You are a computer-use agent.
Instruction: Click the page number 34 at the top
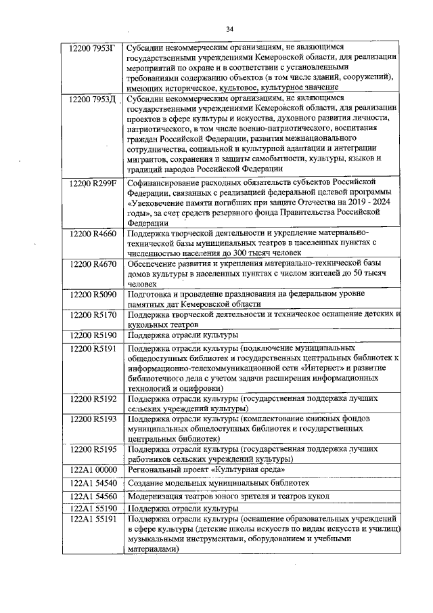229,29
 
